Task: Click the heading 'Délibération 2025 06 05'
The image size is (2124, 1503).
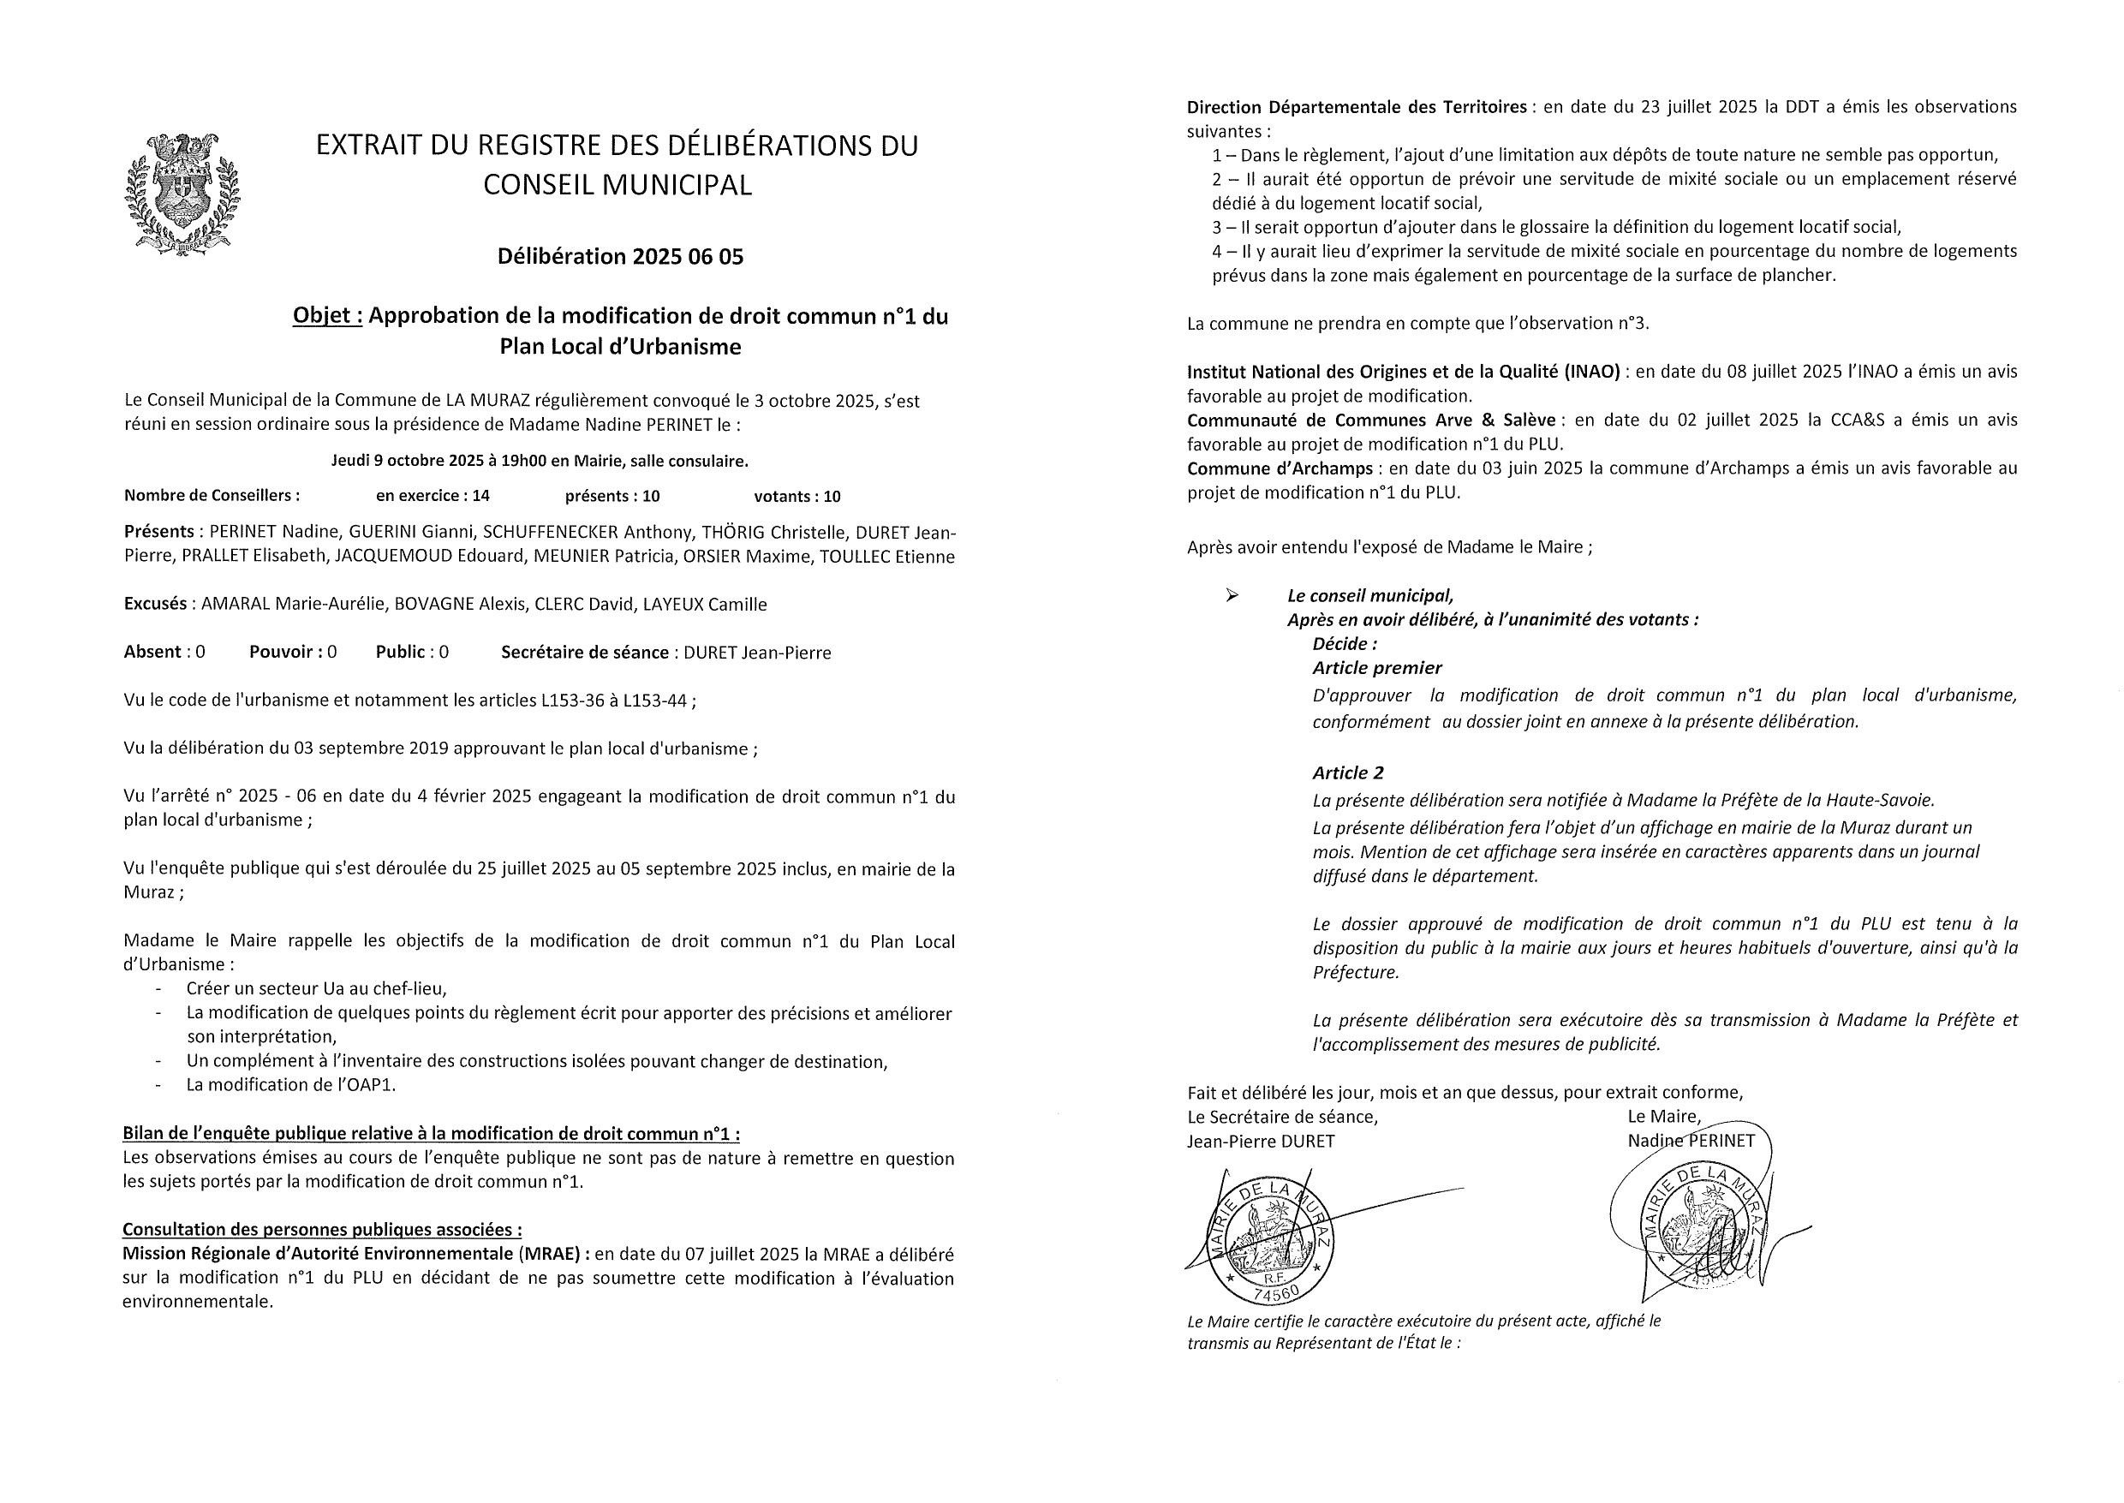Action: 620,256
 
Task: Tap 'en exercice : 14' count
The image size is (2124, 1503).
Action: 433,496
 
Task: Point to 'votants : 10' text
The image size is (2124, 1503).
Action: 796,496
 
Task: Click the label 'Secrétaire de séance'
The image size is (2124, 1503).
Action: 585,653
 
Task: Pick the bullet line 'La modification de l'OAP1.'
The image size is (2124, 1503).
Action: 290,1085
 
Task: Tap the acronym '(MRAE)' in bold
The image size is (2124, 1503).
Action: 554,1254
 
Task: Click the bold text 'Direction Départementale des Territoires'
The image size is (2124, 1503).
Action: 1357,106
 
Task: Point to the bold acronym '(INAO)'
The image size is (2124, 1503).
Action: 1593,371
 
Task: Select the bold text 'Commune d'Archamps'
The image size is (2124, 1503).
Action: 1280,468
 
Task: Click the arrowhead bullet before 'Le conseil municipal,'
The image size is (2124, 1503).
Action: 1232,596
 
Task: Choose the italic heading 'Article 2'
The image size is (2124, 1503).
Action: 1347,772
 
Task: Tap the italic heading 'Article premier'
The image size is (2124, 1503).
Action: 1376,668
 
